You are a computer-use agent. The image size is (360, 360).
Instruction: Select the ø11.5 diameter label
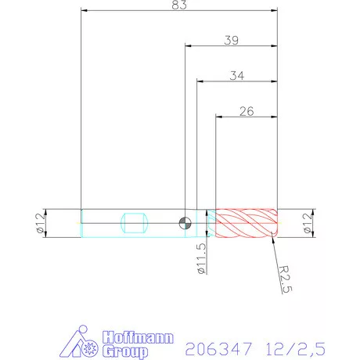coord(202,257)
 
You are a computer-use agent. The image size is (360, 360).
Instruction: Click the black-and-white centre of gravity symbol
coord(185,222)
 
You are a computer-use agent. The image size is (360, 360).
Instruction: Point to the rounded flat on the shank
coord(135,222)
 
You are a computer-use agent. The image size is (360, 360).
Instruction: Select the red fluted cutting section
coord(246,222)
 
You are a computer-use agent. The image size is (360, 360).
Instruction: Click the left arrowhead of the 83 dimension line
coord(85,11)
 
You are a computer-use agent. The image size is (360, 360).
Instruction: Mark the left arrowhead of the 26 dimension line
coord(219,117)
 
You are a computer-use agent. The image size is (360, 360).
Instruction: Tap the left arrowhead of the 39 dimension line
coord(188,45)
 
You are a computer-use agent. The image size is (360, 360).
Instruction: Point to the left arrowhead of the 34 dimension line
coord(199,81)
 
